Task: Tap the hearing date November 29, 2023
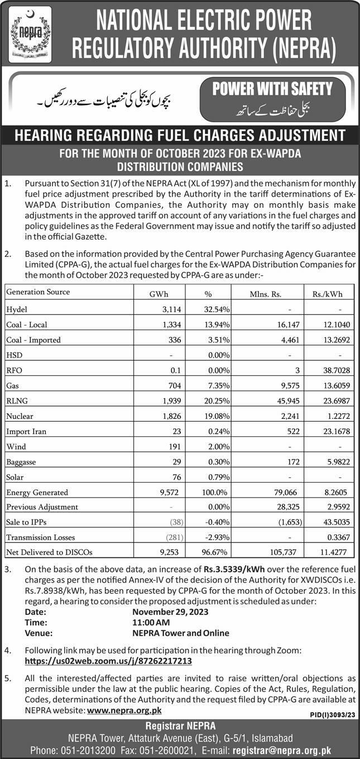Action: [170, 612]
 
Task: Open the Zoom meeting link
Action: [109, 661]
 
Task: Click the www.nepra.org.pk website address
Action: [124, 710]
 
